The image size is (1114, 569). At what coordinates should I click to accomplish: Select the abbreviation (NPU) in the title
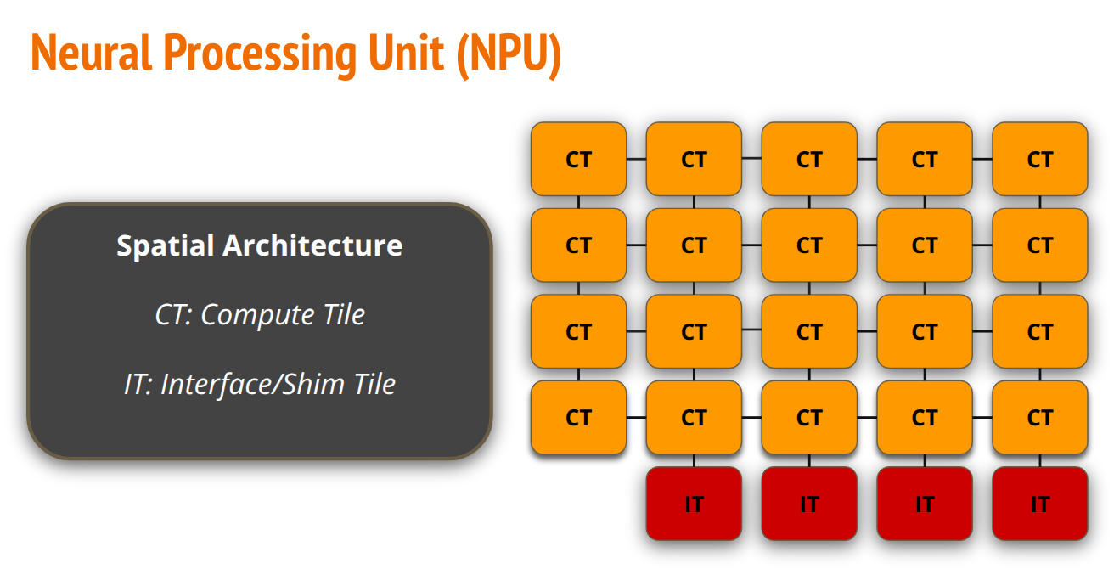[x=509, y=56]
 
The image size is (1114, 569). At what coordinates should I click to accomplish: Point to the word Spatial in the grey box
[x=165, y=245]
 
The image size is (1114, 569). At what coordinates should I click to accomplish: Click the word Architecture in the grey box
[x=312, y=245]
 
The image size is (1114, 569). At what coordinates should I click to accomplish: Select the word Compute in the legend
[x=257, y=315]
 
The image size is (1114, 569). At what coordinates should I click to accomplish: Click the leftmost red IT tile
[x=694, y=504]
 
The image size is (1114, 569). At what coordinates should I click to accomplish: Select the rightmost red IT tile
[x=1040, y=504]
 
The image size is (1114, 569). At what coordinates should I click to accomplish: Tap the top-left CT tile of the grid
[x=578, y=159]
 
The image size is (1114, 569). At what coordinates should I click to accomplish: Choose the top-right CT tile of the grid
[x=1040, y=159]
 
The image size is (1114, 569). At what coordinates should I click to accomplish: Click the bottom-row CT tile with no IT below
[x=578, y=417]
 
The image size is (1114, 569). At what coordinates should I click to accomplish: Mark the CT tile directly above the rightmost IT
[x=1040, y=417]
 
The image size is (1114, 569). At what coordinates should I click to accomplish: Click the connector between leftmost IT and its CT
[x=694, y=460]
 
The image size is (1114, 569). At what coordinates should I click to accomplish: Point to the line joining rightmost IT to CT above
[x=1040, y=460]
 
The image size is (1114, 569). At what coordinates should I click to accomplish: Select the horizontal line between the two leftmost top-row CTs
[x=637, y=159]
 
